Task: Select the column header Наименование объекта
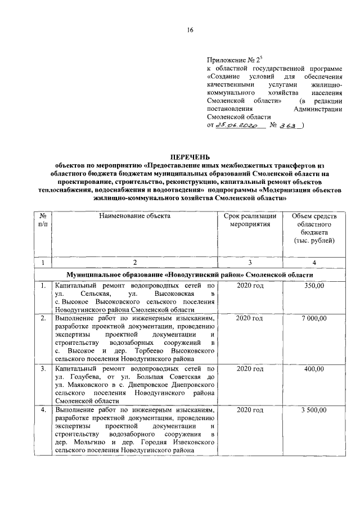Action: (134, 215)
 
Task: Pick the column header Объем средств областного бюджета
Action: (314, 228)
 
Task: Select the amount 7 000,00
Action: (314, 318)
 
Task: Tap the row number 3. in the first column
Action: (43, 369)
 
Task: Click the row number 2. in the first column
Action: (43, 318)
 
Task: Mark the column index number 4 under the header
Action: (314, 263)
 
